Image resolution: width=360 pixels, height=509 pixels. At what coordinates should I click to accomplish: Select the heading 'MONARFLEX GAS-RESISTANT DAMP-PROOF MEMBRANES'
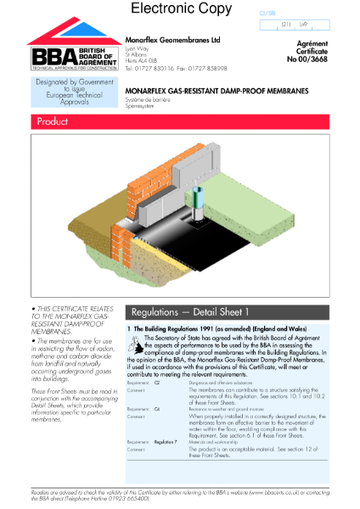tap(217, 89)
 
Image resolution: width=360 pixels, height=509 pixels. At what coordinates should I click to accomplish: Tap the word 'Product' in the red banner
tap(53, 122)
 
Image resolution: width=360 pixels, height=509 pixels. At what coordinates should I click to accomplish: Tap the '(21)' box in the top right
tap(284, 25)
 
